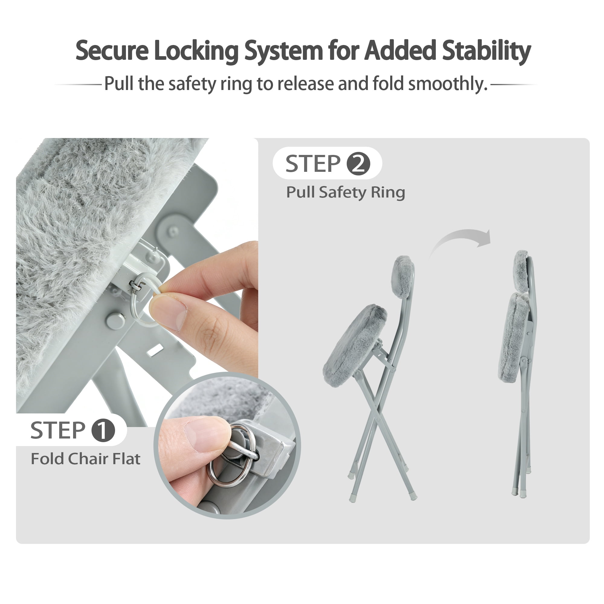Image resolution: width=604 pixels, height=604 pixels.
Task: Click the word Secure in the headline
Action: pyautogui.click(x=112, y=51)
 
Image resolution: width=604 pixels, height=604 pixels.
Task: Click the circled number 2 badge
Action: pyautogui.click(x=358, y=163)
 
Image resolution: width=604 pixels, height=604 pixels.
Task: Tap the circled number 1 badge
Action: pyautogui.click(x=103, y=430)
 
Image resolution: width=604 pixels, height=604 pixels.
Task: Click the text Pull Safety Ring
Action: pyautogui.click(x=345, y=193)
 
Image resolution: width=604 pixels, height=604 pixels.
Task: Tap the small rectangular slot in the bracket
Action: pyautogui.click(x=155, y=350)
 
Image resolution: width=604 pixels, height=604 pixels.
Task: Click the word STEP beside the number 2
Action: pyautogui.click(x=313, y=163)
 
